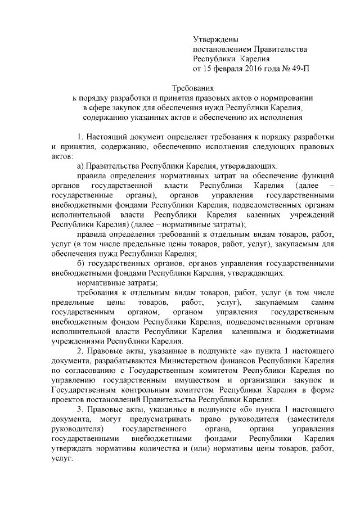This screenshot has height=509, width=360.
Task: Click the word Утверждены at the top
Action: click(216, 39)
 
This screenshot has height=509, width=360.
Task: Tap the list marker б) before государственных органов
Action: click(82, 263)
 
